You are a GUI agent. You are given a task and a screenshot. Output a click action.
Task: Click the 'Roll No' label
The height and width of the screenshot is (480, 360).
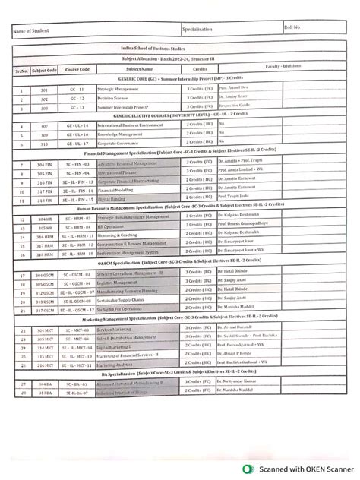pos(292,27)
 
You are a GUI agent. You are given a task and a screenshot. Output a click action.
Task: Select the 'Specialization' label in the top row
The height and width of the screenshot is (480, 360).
pos(198,29)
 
